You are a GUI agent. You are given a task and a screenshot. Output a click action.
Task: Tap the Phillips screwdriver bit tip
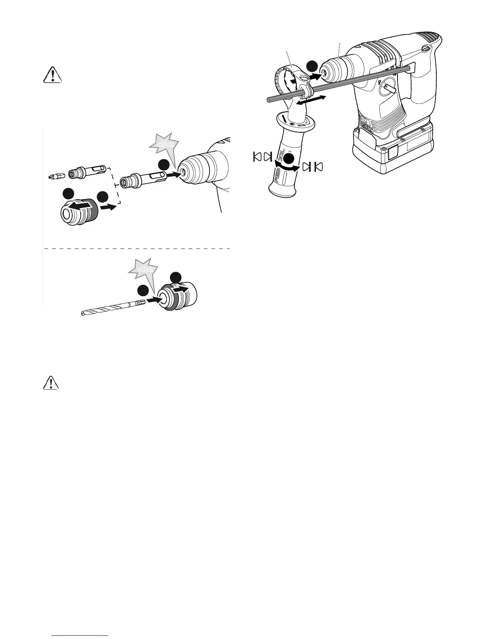[50, 176]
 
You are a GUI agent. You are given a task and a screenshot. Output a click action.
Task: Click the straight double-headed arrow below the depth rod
[310, 100]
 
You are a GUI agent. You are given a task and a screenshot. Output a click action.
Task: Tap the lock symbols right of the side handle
[314, 166]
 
